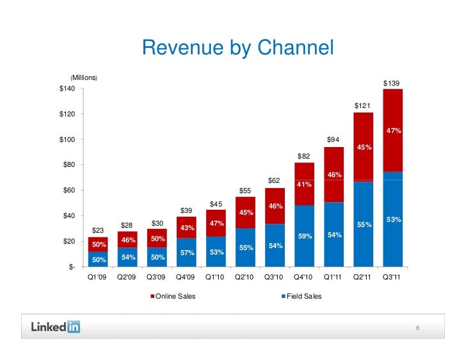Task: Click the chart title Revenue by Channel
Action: [237, 48]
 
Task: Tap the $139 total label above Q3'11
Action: [391, 83]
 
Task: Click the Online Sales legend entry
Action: [173, 297]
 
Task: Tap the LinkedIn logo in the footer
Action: [56, 327]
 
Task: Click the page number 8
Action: [417, 329]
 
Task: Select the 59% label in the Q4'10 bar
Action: [305, 236]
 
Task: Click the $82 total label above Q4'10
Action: [304, 157]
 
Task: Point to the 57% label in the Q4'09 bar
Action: [187, 253]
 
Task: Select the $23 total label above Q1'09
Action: [98, 230]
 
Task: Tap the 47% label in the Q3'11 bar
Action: [393, 131]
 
